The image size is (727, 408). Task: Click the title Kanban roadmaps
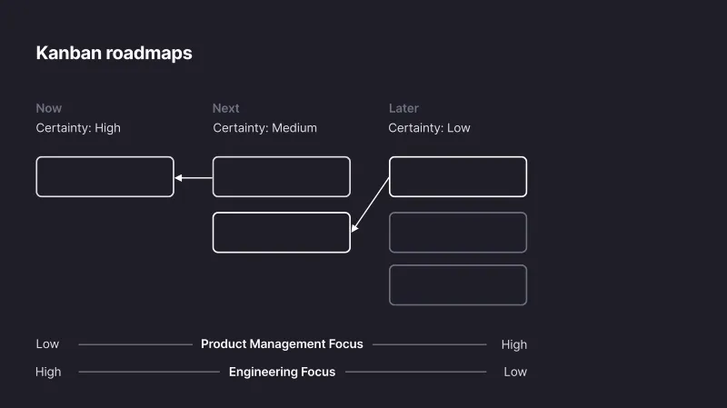pos(114,53)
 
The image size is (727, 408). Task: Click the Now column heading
pos(49,108)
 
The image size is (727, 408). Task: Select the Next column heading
pos(225,108)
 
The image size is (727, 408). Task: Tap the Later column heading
pos(403,108)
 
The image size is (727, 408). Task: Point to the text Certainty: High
pos(78,128)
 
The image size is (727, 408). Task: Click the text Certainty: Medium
pos(264,128)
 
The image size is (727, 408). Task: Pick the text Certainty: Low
pos(429,128)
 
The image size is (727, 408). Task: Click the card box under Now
pos(105,176)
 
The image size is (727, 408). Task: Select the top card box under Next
pos(281,176)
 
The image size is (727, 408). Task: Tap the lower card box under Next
pos(281,232)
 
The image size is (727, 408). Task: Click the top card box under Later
pos(457,176)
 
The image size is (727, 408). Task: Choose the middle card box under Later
pos(457,232)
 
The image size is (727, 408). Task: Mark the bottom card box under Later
pos(457,284)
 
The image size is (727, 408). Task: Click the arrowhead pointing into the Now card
pos(179,178)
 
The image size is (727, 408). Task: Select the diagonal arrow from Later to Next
pos(371,204)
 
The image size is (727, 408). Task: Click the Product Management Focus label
pos(282,344)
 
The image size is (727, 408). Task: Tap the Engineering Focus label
pos(282,372)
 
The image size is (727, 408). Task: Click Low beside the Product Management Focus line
pos(47,344)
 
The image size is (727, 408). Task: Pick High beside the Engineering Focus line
pos(48,372)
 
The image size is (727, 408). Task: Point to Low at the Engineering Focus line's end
pos(515,372)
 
